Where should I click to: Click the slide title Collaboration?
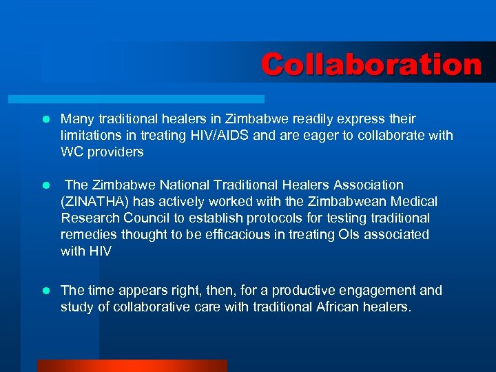[x=371, y=65]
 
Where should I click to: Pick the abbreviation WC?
[x=72, y=152]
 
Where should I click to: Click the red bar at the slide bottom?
[x=132, y=365]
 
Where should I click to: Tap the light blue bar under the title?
[x=152, y=99]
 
